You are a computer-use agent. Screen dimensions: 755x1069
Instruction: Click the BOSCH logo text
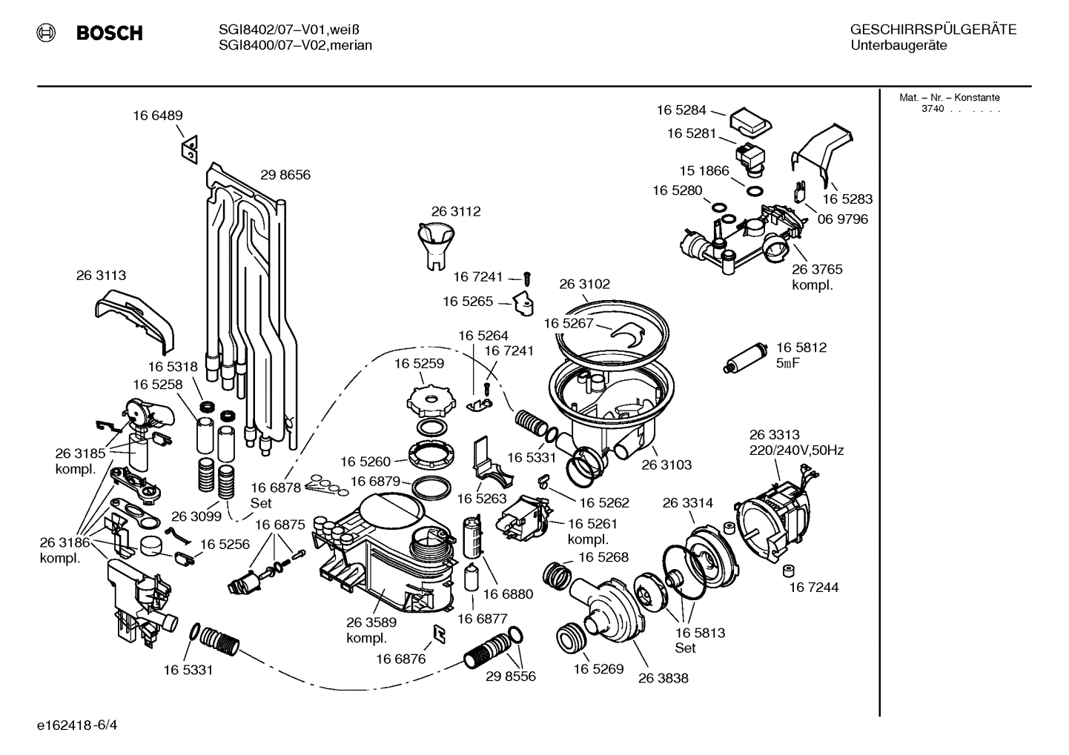coord(109,33)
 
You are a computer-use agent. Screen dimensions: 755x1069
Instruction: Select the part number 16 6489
coord(158,116)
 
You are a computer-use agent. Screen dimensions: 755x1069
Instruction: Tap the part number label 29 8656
coord(285,175)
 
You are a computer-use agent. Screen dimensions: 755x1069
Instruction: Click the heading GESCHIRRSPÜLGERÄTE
coord(933,30)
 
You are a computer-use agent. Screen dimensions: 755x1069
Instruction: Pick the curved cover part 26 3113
coord(134,317)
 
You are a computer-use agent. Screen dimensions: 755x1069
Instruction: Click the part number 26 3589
coord(371,622)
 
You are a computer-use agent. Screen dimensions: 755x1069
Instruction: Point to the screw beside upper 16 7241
coord(528,278)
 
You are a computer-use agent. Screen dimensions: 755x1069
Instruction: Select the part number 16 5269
coord(598,668)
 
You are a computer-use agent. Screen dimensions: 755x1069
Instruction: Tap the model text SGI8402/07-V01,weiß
coord(290,30)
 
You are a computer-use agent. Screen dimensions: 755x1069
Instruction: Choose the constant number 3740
coord(932,109)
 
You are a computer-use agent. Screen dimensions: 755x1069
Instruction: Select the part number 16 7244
coord(813,588)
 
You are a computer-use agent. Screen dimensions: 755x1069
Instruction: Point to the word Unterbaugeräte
coord(898,45)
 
